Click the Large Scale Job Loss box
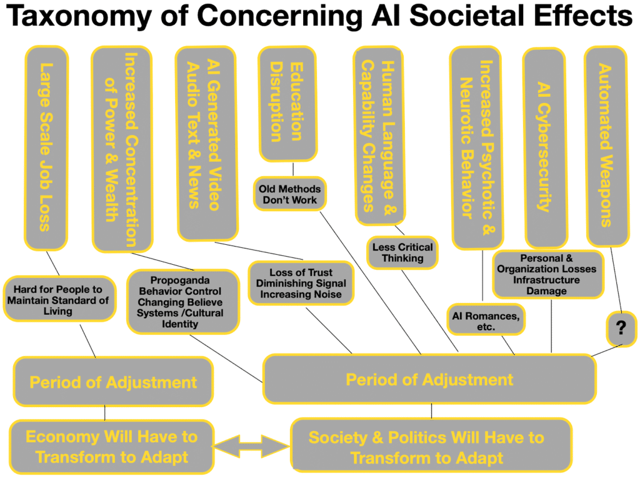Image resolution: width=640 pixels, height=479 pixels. [45, 147]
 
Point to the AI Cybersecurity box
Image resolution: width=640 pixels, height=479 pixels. [544, 147]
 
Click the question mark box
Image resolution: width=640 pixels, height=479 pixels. [621, 328]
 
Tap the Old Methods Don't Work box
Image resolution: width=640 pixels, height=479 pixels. [289, 194]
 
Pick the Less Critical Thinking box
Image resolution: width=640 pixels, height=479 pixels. [402, 252]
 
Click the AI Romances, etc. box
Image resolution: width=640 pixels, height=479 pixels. [486, 320]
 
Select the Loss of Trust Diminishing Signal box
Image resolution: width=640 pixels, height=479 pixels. [301, 283]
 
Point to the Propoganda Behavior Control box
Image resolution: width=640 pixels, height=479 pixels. [183, 302]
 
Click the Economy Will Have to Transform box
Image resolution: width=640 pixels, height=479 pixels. [111, 446]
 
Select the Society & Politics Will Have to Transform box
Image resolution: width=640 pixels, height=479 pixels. [431, 447]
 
